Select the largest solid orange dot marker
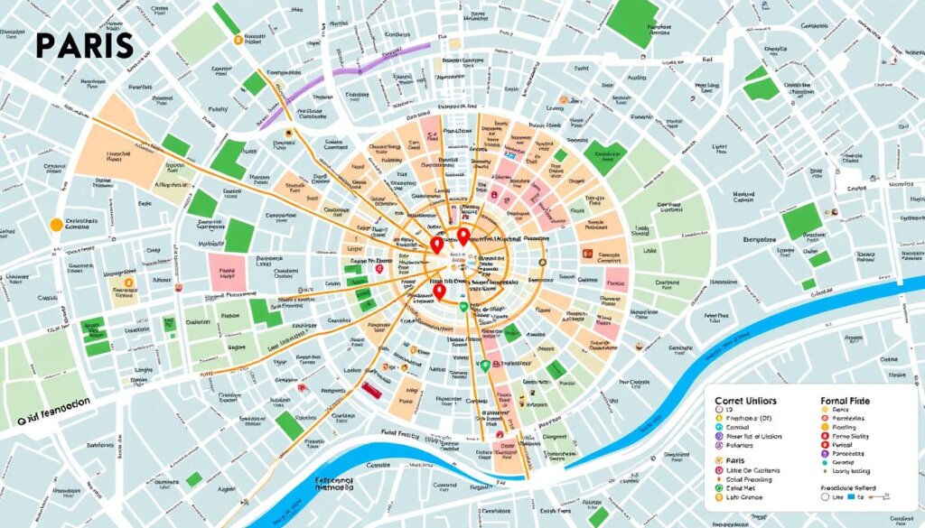(56, 224)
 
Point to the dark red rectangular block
(370, 387)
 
